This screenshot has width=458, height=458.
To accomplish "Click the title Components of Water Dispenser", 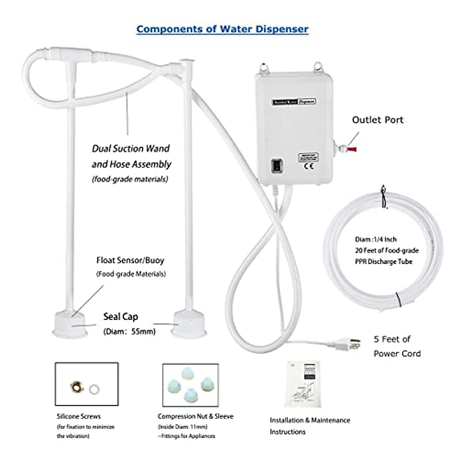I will [x=222, y=29].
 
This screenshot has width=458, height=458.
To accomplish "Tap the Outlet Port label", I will [x=377, y=120].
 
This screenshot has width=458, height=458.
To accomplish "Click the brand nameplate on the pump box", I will [x=294, y=102].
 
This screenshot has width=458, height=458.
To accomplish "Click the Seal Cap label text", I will [x=121, y=317].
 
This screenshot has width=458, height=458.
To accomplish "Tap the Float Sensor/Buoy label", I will [x=130, y=261].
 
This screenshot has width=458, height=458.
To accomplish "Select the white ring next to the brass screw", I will [x=94, y=389].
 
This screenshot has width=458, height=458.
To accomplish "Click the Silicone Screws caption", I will [x=79, y=416].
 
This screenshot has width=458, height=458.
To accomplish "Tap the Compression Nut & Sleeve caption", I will [x=195, y=416].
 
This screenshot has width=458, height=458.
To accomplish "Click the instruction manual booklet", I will [x=304, y=384].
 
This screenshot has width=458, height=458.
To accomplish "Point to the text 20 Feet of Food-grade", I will [x=387, y=251].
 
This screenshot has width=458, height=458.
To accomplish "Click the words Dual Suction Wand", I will [x=131, y=148].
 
